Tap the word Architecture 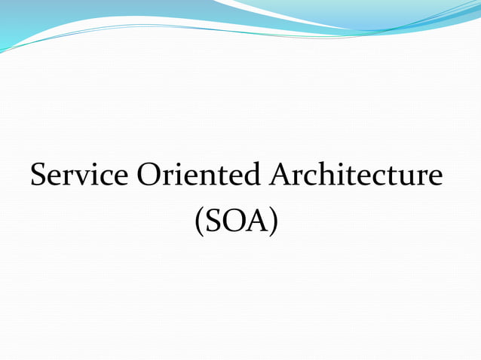pyautogui.click(x=355, y=175)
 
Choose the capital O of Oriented pyautogui.click(x=149, y=175)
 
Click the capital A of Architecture pyautogui.click(x=280, y=175)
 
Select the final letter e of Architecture pyautogui.click(x=437, y=178)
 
